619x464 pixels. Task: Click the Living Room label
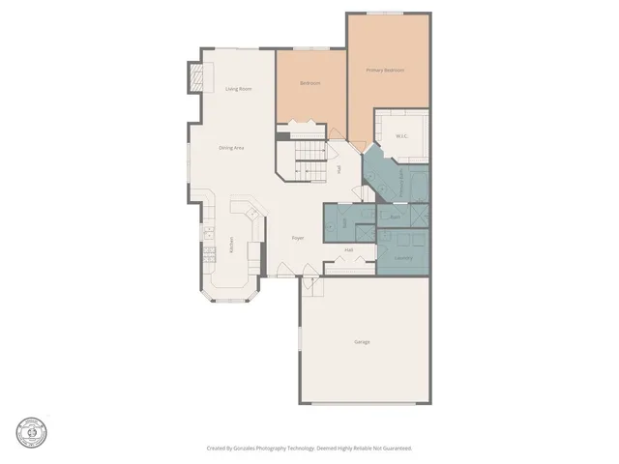pos(239,89)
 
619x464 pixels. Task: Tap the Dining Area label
pos(230,148)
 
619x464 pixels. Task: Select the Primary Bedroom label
pos(385,71)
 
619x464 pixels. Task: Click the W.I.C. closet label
pos(402,136)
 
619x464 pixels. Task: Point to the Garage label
pos(362,342)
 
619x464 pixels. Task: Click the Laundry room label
pos(403,258)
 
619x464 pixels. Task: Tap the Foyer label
pos(299,238)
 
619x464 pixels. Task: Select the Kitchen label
pos(231,246)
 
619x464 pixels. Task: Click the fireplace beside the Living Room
pos(196,76)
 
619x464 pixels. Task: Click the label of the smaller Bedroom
pos(309,84)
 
